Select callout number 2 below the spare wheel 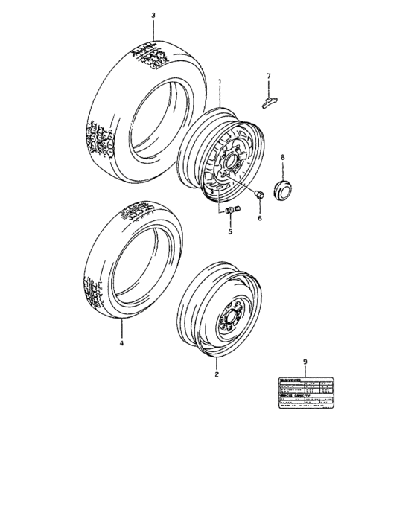coord(216,375)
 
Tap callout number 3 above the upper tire coord(153,15)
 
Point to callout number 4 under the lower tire coord(121,344)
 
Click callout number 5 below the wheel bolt coord(230,231)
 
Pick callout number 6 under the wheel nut coord(260,218)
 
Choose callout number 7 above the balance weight coord(270,76)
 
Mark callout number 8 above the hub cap coord(282,158)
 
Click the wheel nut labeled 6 coord(257,196)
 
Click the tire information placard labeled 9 coord(305,393)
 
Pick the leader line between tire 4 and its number coord(121,330)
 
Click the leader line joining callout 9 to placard coord(305,371)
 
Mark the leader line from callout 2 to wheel coord(216,364)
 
